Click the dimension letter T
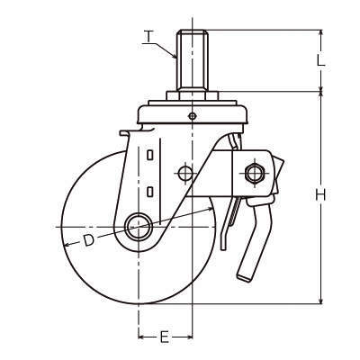149,37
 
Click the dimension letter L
321,61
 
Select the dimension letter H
320,195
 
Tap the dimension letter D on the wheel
89,240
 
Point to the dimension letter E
164,337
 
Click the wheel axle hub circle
139,227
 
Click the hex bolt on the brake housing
255,173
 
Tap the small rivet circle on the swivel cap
192,116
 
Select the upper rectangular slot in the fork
150,155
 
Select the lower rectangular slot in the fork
150,192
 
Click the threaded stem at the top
192,59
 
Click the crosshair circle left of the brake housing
185,173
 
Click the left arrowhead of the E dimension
141,337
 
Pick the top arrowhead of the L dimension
321,32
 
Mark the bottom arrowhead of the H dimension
321,301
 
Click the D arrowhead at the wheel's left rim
67,245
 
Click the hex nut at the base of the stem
192,96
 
